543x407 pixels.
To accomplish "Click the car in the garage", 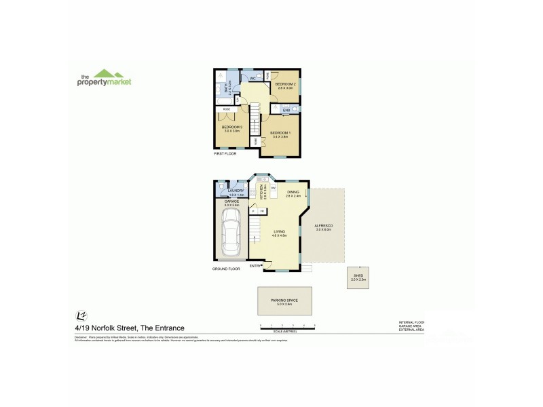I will coord(231,231).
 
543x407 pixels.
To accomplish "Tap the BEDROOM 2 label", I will coord(285,84).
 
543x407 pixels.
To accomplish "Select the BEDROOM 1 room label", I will coord(280,132).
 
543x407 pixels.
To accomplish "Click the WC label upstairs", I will coord(252,79).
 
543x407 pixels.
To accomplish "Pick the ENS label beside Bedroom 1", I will coord(276,109).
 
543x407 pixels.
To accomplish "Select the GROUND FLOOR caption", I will coord(225,269).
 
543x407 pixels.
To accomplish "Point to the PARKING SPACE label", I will coord(284,300).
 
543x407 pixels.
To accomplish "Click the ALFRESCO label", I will coord(322,226).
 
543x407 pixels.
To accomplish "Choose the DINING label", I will coord(293,192).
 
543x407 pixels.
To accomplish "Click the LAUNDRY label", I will coord(236,191).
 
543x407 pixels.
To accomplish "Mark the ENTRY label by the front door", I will coord(255,266).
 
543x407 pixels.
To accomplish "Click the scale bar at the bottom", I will coord(288,327).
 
